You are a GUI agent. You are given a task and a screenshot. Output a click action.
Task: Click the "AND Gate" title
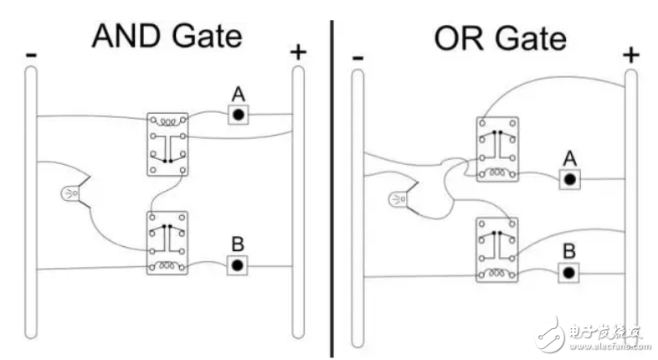[x=167, y=36]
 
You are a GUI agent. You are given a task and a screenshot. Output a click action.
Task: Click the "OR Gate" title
[x=501, y=39]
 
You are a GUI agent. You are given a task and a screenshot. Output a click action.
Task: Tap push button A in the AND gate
[x=239, y=115]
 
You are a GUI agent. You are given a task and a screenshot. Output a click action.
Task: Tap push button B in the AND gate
[x=238, y=265]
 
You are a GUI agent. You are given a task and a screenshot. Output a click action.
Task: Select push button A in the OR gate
[x=570, y=179]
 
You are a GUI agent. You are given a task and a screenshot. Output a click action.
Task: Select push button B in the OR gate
[x=568, y=273]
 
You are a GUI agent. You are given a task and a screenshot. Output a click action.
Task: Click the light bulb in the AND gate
[x=70, y=193]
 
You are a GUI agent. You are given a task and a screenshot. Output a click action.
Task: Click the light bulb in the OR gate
[x=398, y=199]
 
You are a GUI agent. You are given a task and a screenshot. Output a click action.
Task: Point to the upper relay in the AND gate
[x=167, y=144]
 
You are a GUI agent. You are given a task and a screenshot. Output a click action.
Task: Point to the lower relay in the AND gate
[x=167, y=243]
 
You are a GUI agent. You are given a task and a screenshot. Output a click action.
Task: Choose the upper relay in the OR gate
[x=497, y=149]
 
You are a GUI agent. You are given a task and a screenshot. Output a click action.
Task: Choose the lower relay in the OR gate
[x=497, y=249]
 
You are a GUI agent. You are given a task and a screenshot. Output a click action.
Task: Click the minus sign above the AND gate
[x=32, y=54]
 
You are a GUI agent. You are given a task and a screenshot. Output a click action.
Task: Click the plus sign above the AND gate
[x=298, y=53]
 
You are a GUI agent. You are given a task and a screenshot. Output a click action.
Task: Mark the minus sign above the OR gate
[x=357, y=58]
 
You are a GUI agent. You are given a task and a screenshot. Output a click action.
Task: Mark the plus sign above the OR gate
[x=630, y=55]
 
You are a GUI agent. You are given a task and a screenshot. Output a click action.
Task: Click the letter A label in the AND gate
[x=239, y=94]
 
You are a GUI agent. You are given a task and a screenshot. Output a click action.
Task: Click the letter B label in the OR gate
[x=569, y=251]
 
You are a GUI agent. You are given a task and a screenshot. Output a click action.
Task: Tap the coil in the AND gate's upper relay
[x=167, y=122]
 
